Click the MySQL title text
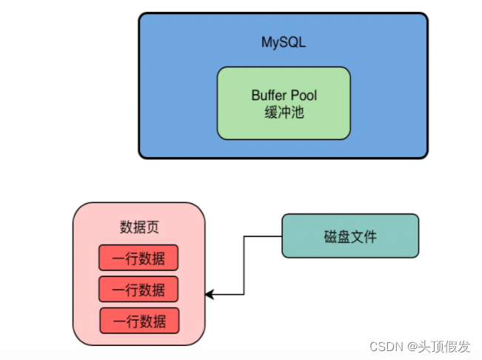(x=283, y=42)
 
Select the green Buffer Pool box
(x=283, y=126)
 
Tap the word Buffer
(x=267, y=96)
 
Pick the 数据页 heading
(x=138, y=226)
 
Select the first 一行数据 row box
(x=138, y=258)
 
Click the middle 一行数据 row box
(x=138, y=289)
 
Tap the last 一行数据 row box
(x=140, y=320)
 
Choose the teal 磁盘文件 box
(x=349, y=236)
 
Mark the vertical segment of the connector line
(x=244, y=267)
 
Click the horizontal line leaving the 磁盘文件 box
(x=263, y=236)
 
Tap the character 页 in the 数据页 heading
(x=152, y=226)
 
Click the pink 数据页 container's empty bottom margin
(x=138, y=339)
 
